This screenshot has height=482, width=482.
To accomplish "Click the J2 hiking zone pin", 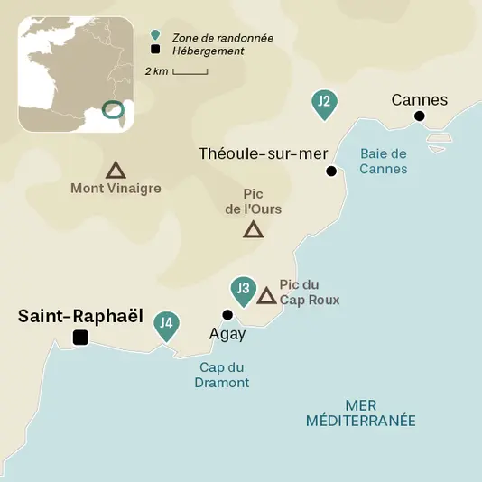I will pos(323,103).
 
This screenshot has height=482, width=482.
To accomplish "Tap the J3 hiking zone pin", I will pos(242,290).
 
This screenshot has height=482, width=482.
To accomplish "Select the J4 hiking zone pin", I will pos(165,323).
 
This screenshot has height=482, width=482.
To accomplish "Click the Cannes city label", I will pos(419,99).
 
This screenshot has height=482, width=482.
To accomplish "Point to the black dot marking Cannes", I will pos(419,116).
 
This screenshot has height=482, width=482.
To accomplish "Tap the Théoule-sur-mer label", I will pos(263,153).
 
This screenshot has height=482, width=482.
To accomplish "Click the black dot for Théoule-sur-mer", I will pos(331,171).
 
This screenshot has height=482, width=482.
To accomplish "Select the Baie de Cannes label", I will pos(383,162).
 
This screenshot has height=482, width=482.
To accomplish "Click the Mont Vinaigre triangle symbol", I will pos(115,170).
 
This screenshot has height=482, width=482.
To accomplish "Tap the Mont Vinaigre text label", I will pos(116,189).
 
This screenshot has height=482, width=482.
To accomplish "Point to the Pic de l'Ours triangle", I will pos(254,230).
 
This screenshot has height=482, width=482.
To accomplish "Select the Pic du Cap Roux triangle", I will pos(266,296).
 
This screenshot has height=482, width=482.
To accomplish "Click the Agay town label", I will pos(227,333).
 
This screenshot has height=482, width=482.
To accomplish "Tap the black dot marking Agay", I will pos(227,315).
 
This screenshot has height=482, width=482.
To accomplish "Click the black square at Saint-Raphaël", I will pos(80,338).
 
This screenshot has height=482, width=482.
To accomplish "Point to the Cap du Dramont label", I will pos(222,375).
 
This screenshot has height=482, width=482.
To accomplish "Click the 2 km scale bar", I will pos(190,70).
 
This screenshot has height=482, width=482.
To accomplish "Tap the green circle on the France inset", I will pos(114,109).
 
